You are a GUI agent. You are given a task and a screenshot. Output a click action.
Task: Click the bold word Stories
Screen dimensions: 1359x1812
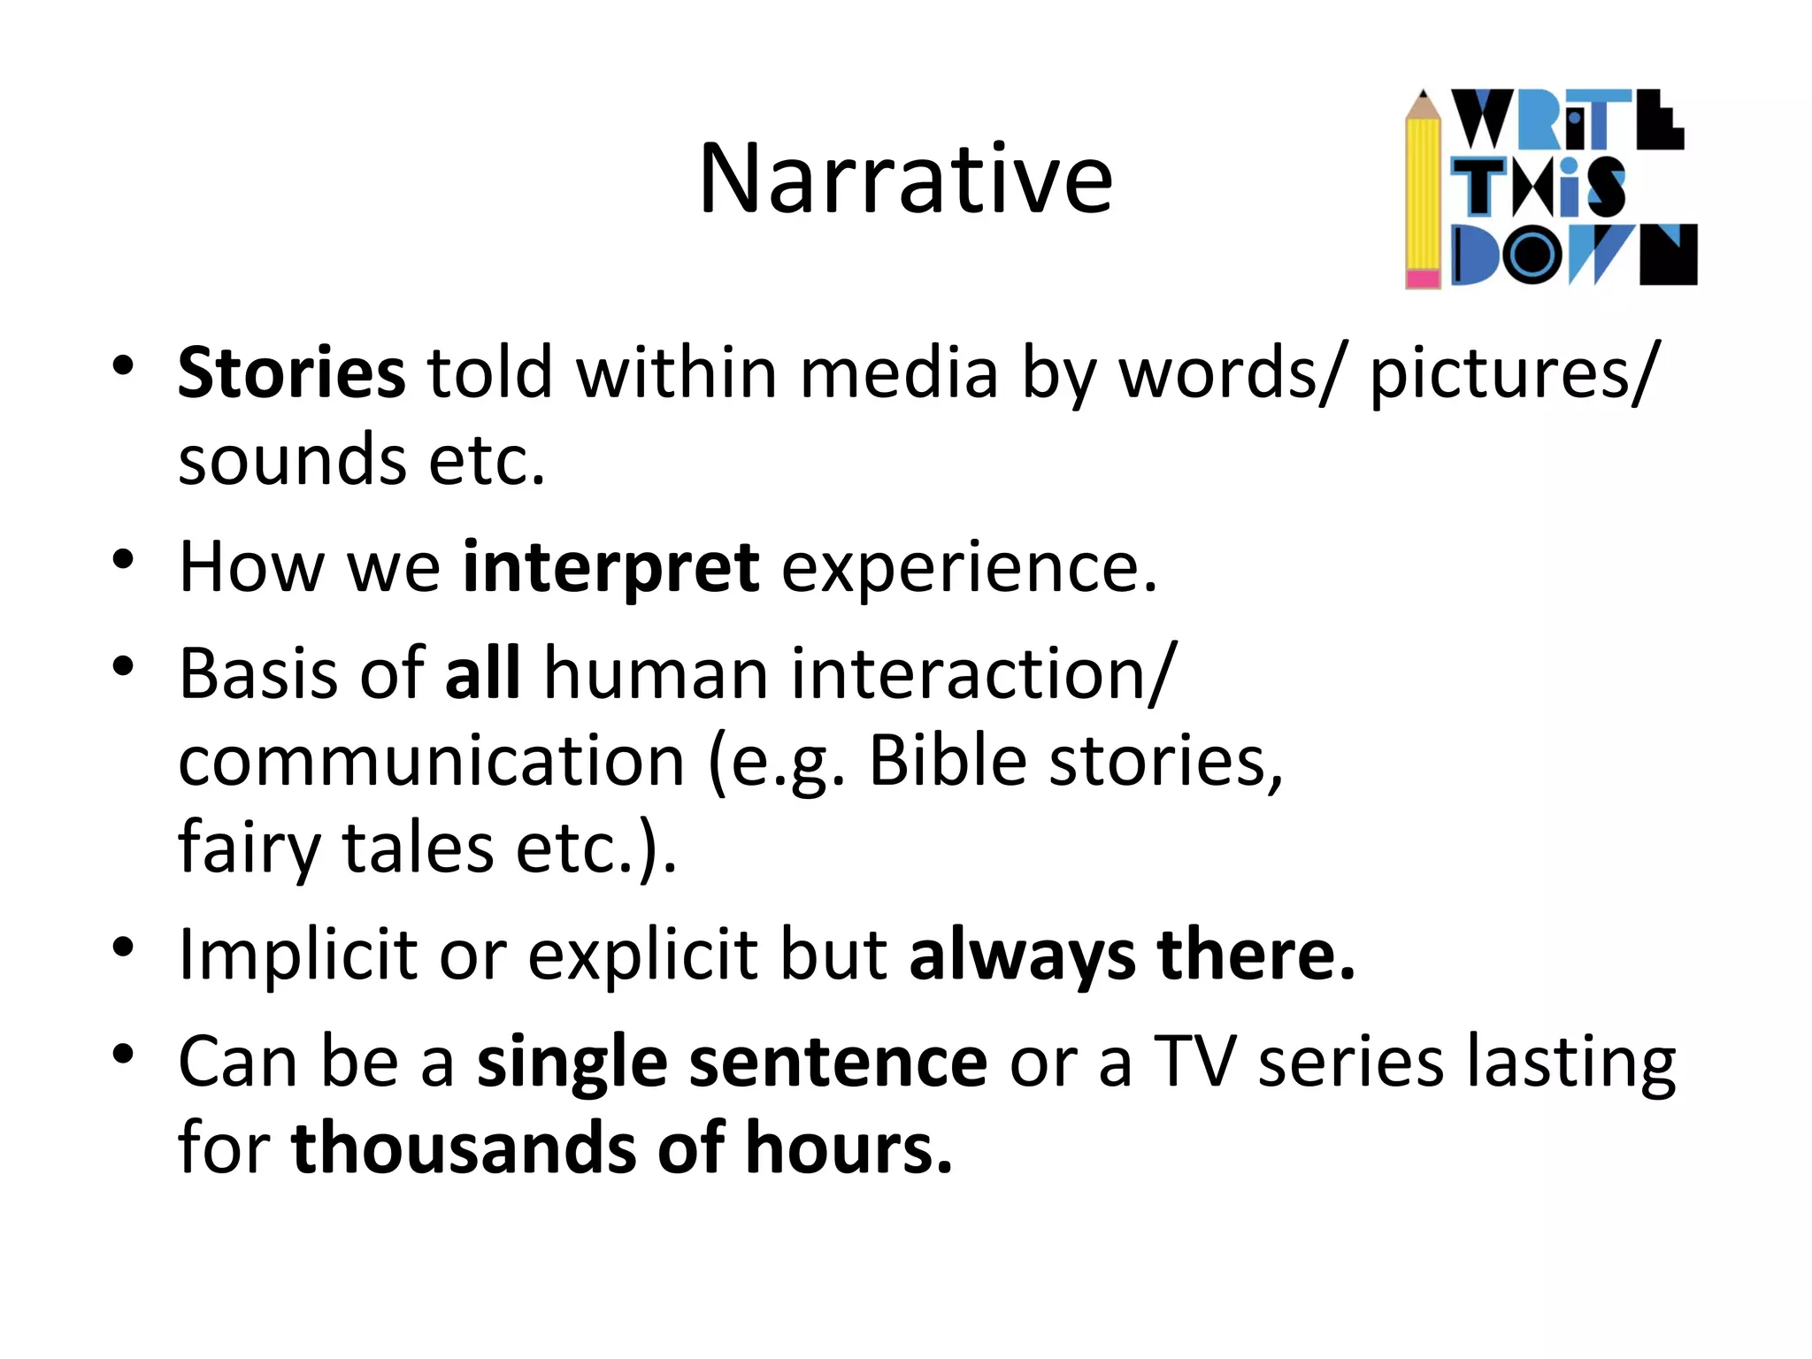(x=291, y=373)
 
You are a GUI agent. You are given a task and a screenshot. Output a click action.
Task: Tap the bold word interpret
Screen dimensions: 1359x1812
(x=610, y=567)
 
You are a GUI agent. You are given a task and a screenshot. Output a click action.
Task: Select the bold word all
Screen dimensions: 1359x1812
(x=482, y=674)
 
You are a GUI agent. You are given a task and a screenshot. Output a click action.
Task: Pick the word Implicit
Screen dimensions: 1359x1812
(x=297, y=956)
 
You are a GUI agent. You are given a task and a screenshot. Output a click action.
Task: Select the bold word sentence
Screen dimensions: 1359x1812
(x=838, y=1062)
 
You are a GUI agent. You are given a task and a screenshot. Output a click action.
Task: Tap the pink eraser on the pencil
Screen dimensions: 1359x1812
(x=1423, y=279)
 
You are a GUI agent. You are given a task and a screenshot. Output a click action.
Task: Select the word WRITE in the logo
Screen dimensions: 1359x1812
(x=1567, y=119)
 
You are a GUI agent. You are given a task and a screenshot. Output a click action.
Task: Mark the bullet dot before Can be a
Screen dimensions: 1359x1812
(x=123, y=1054)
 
